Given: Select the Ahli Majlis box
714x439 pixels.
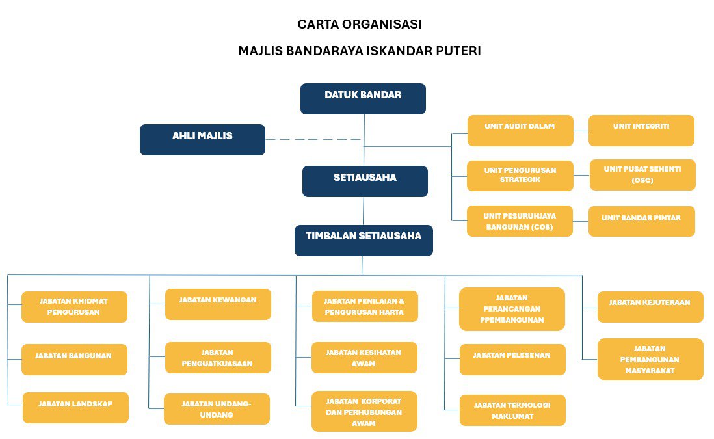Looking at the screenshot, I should click(x=202, y=140).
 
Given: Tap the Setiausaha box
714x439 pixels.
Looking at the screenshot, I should click(x=365, y=181).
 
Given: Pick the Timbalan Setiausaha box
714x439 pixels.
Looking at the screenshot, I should click(x=364, y=241).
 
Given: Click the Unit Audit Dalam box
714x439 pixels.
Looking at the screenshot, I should click(x=520, y=131).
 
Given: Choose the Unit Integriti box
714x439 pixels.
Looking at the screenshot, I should click(x=641, y=131).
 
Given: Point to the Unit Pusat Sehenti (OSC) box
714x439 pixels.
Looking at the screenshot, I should click(x=642, y=175).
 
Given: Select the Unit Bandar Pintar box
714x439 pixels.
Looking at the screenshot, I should click(x=641, y=221).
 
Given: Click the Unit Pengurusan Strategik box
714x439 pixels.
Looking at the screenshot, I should click(x=520, y=176).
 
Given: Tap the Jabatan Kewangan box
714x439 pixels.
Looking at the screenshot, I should click(x=218, y=304).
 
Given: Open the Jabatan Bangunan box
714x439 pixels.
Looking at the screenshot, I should click(x=74, y=360).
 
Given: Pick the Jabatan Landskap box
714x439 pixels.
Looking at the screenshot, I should click(x=75, y=408).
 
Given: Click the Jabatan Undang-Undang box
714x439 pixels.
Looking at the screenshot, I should click(x=217, y=409).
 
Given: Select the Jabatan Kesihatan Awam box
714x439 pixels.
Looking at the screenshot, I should click(x=364, y=358).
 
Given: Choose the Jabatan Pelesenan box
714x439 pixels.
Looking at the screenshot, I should click(x=512, y=360).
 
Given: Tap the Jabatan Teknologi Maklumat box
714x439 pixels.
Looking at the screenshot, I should click(x=512, y=410).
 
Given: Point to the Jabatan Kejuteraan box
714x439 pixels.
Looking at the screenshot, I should click(x=650, y=307).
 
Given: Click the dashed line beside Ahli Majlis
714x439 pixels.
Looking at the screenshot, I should click(x=313, y=140).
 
